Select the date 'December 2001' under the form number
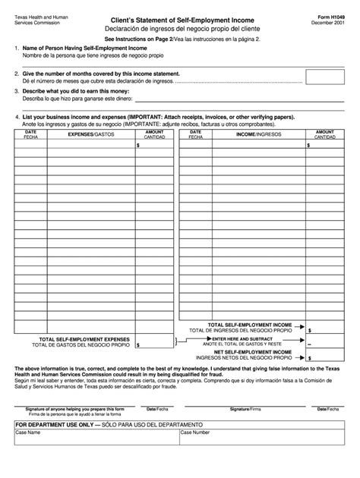pyautogui.click(x=329, y=24)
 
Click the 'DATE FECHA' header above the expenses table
pyautogui.click(x=30, y=134)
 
